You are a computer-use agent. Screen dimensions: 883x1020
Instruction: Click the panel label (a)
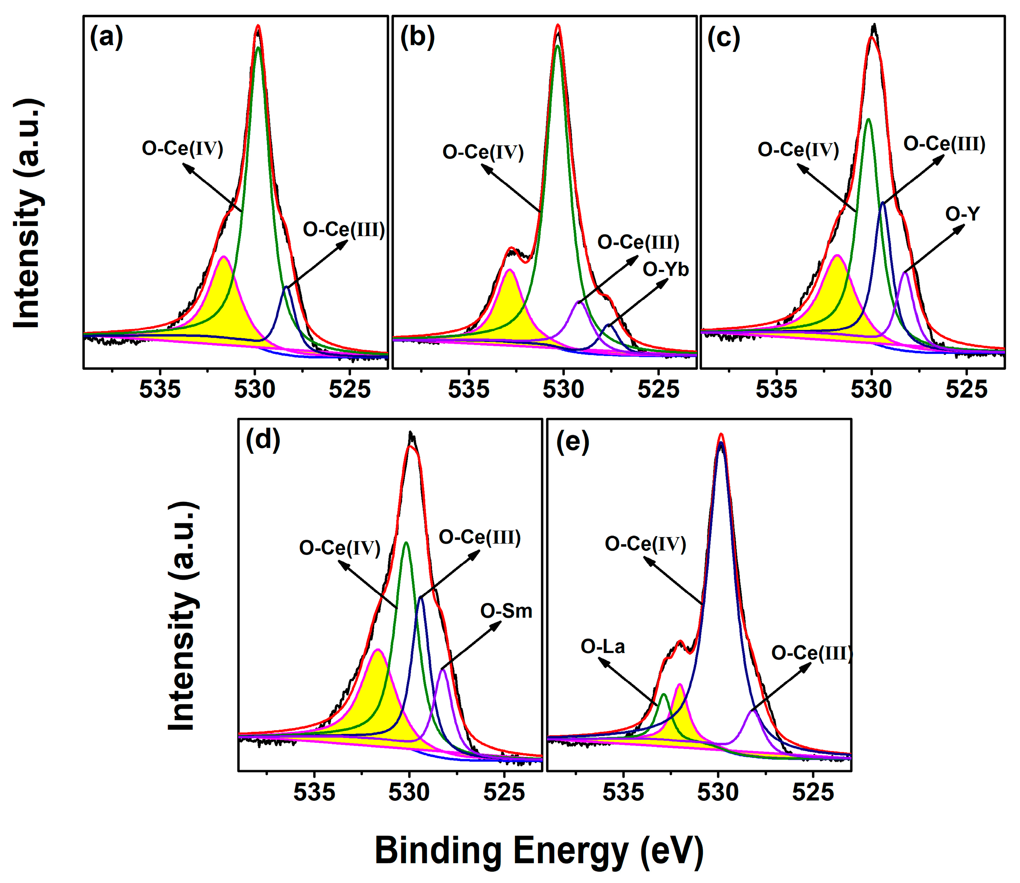106,37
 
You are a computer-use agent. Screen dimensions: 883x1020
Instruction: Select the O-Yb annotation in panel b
666,270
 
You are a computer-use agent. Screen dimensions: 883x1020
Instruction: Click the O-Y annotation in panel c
962,214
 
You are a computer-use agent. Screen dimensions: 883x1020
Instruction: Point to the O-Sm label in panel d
506,611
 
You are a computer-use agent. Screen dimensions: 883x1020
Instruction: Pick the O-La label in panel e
602,646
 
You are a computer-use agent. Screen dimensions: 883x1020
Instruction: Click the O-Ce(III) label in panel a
344,230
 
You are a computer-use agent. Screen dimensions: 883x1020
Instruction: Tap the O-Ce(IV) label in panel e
645,544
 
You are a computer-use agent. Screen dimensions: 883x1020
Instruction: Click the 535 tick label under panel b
469,390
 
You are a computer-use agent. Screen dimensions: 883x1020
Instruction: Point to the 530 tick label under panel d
409,793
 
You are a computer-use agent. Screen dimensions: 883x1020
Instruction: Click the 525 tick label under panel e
813,793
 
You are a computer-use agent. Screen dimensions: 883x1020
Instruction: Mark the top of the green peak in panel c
868,119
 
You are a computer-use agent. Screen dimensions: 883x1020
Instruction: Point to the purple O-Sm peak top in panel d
443,669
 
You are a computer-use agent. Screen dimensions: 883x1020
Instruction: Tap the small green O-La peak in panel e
664,695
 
